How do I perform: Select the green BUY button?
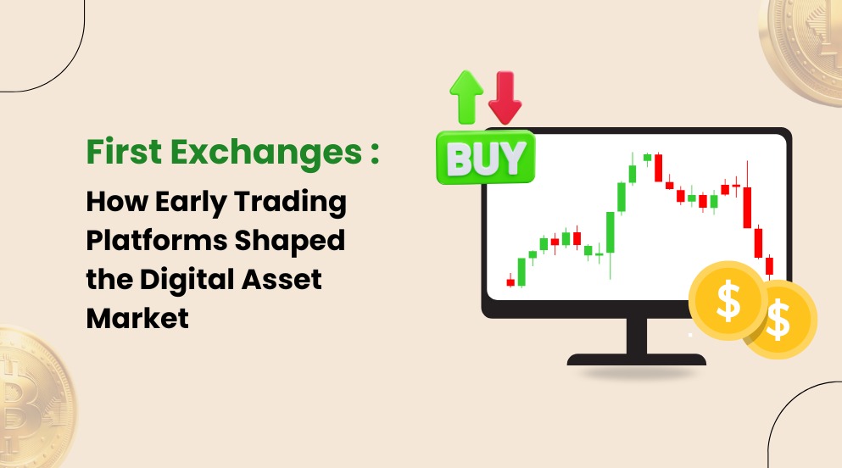point(486,157)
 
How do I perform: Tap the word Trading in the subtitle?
point(300,203)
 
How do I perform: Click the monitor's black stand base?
point(636,359)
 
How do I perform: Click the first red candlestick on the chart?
point(510,282)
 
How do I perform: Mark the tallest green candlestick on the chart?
point(611,234)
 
